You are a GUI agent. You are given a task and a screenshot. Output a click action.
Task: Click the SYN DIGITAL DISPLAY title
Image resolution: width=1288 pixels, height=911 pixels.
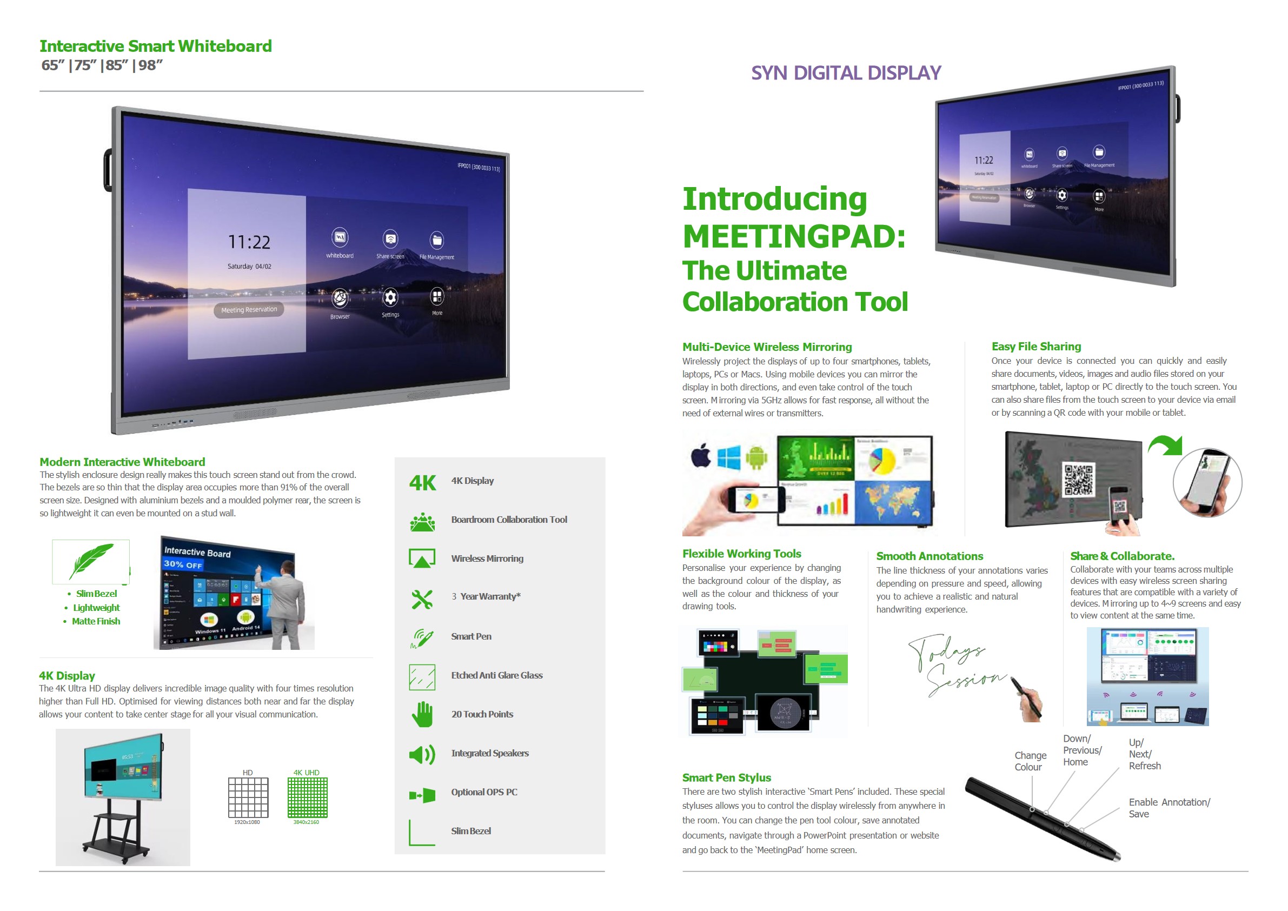845,73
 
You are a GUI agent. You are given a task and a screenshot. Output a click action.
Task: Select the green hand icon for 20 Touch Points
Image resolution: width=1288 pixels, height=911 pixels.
422,715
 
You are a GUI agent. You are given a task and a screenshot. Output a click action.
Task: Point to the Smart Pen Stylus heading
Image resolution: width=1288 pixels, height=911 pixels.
727,777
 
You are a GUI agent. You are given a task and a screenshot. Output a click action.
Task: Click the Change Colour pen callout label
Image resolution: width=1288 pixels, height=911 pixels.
1030,761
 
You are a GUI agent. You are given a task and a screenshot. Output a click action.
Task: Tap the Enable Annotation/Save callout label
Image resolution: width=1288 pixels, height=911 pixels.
1169,808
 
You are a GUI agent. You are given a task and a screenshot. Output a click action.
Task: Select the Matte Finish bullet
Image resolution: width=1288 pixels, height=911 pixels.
96,621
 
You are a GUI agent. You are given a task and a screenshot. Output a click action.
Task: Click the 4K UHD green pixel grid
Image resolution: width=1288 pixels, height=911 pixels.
308,797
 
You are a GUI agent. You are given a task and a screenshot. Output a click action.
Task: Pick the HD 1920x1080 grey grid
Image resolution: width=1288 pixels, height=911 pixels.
248,797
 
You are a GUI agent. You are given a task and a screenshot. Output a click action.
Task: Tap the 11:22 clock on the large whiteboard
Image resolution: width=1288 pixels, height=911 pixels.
249,242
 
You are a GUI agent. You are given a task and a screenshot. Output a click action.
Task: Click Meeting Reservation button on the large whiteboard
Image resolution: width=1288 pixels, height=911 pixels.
249,310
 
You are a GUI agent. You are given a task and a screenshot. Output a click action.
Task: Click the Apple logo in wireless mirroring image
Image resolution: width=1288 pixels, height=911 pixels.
701,455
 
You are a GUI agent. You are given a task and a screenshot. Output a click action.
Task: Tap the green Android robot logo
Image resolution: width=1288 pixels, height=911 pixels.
756,457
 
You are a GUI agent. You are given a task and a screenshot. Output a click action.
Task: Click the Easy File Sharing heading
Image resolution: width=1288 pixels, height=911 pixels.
1036,346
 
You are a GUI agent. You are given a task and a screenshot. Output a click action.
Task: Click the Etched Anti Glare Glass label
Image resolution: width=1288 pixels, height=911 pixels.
496,675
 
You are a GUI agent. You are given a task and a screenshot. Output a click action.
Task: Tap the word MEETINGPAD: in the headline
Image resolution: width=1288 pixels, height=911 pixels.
794,236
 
